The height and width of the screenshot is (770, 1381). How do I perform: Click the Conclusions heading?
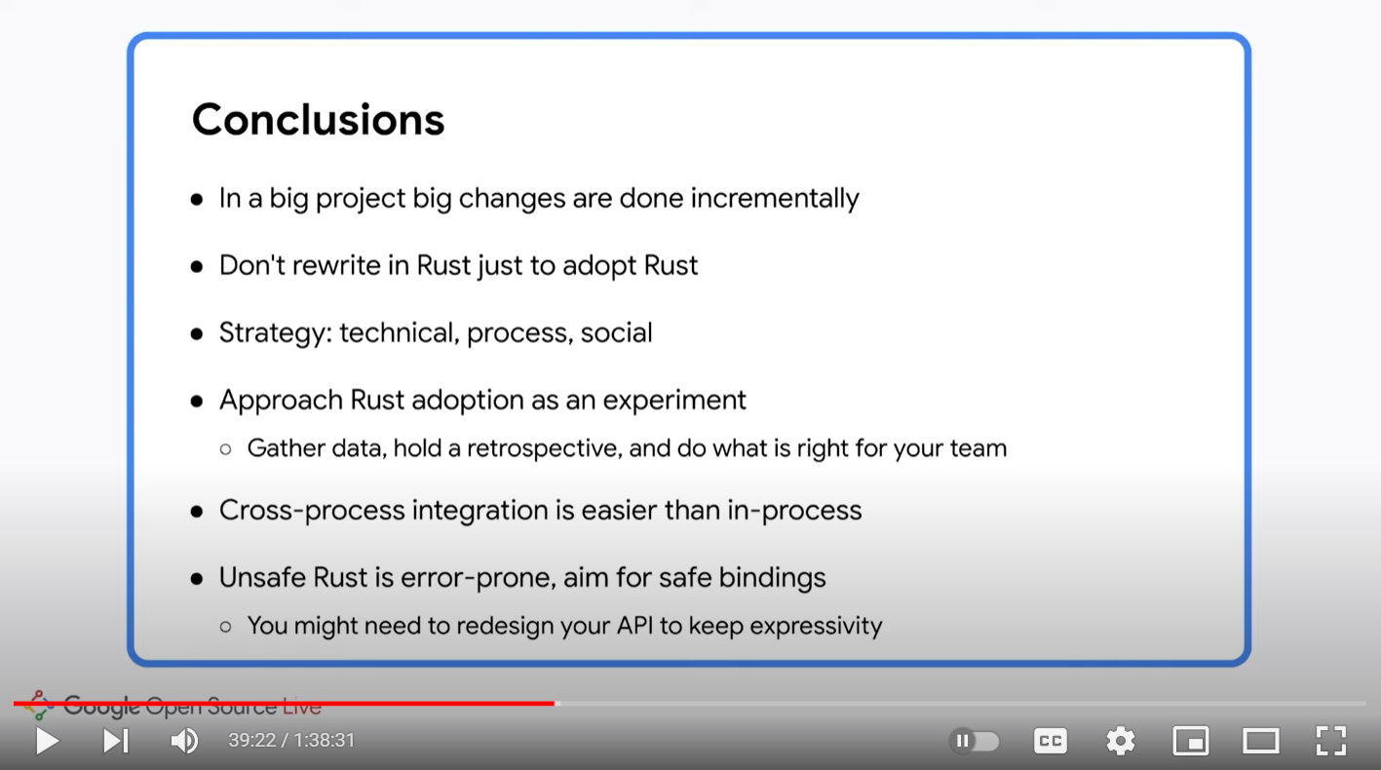[318, 119]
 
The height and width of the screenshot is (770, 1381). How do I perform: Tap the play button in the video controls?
[48, 741]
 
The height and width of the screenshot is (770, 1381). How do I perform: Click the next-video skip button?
[116, 741]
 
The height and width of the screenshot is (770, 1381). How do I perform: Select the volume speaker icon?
[184, 741]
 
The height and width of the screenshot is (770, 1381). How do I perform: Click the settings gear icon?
[1120, 741]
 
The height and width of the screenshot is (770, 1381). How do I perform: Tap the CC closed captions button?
[1051, 741]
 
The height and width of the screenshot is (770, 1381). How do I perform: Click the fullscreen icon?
[1331, 741]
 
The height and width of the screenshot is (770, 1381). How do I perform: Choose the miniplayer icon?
[1191, 741]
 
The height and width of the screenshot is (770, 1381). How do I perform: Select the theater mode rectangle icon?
[1261, 741]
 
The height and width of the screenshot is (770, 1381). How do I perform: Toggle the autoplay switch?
[974, 741]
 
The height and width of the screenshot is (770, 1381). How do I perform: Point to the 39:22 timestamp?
[252, 740]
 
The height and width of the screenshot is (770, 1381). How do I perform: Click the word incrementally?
[775, 199]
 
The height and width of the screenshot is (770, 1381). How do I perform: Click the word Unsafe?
[262, 578]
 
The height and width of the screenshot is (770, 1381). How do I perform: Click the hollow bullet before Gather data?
[226, 449]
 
